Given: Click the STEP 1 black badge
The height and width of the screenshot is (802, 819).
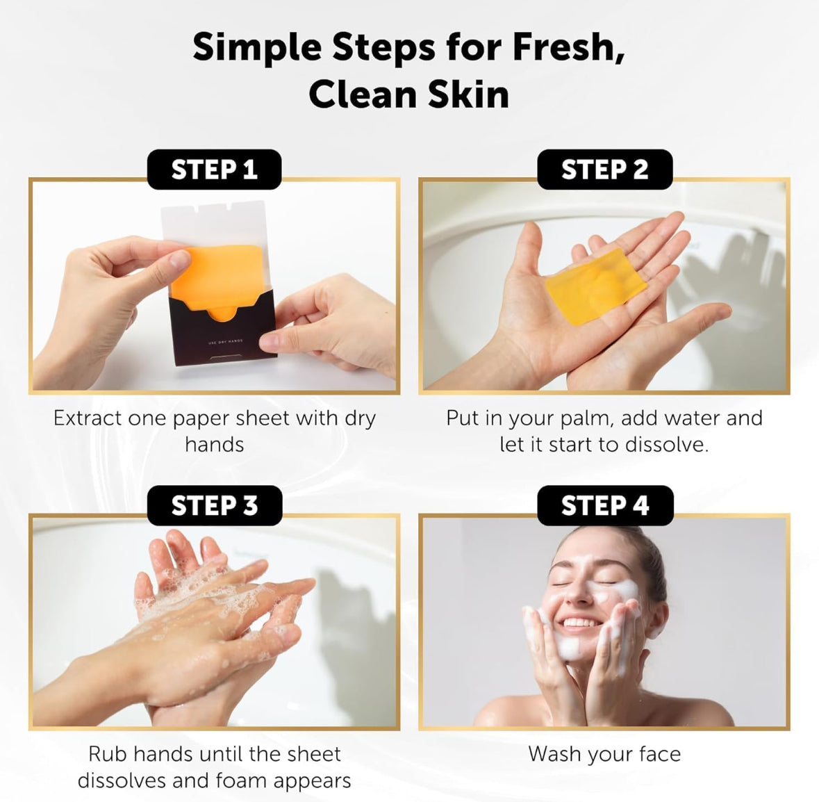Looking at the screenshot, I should tap(214, 170).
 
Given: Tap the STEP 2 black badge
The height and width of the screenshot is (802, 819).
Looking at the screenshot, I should tap(604, 170).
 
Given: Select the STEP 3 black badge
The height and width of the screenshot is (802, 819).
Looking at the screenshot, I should tap(214, 505).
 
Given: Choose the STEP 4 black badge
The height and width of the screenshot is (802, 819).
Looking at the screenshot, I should tap(604, 505).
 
